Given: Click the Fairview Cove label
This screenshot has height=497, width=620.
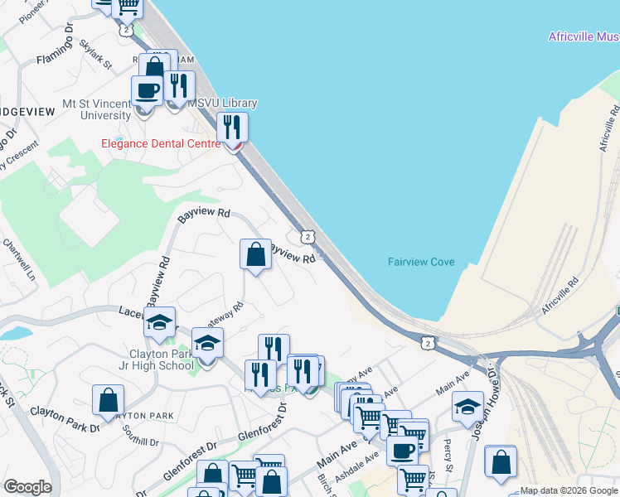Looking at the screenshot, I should coord(421,262).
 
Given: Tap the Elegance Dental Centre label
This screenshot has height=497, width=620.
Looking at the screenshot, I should coord(158,142).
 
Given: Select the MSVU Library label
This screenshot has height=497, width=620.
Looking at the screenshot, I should coord(221,103).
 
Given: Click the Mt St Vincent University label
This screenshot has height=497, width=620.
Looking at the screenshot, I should coord(97,109).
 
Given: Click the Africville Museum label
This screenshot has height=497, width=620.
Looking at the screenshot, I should coord(584,36).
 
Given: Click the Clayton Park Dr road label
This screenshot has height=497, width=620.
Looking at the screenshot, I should coord(65,419).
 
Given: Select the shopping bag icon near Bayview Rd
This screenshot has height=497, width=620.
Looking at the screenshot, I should coord(256,253).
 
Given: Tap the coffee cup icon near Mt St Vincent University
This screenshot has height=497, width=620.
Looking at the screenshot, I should coord(147,91).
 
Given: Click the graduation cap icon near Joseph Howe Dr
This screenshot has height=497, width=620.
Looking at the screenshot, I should coord(467,407).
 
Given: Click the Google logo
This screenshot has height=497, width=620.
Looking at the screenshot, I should coord(27,487).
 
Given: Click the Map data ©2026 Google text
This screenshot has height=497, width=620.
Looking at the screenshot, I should coord(569,490).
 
